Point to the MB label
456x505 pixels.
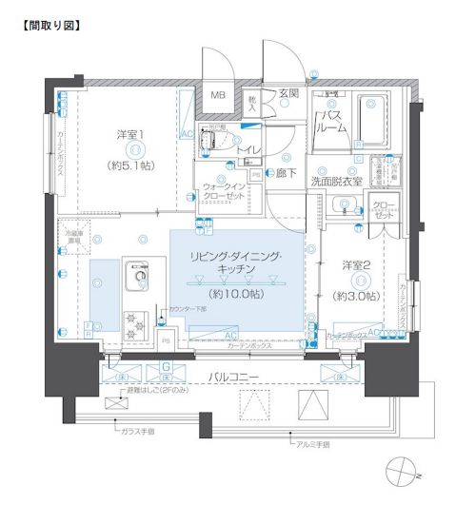218,94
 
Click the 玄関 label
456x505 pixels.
287,93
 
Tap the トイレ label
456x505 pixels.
249,150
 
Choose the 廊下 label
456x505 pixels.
286,174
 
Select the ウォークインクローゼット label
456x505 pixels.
225,187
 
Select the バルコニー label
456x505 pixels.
237,376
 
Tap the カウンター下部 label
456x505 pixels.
187,310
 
